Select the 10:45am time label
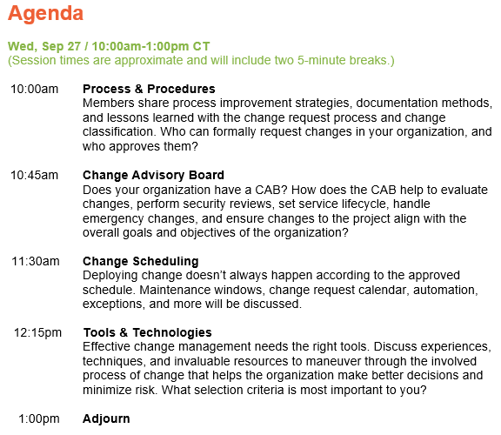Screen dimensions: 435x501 pos(34,175)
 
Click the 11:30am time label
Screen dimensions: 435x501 pos(34,261)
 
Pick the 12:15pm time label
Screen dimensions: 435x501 pos(37,332)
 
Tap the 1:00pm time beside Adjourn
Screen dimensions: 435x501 pos(39,418)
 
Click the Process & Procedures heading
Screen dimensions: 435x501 pos(149,89)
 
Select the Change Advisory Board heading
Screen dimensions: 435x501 pos(153,175)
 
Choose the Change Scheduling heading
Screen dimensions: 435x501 pos(140,261)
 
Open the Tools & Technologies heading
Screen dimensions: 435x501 pos(147,332)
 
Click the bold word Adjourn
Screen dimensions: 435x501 pos(106,418)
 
